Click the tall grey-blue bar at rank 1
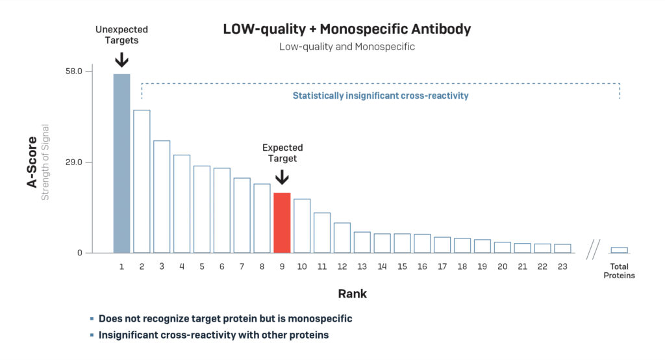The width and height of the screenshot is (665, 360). pyautogui.click(x=121, y=163)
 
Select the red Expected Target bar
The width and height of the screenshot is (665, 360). pyautogui.click(x=282, y=223)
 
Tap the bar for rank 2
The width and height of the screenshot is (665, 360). pyautogui.click(x=142, y=181)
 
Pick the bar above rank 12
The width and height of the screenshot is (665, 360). pyautogui.click(x=342, y=238)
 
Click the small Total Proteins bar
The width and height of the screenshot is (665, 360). pyautogui.click(x=619, y=250)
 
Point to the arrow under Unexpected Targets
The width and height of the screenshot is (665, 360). pyautogui.click(x=121, y=60)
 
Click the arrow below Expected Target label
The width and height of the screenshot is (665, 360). pyautogui.click(x=282, y=177)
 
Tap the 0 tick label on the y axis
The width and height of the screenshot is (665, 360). pyautogui.click(x=80, y=253)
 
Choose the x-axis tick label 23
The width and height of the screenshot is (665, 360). pyautogui.click(x=562, y=266)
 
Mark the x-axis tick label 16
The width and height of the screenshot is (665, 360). pyautogui.click(x=422, y=266)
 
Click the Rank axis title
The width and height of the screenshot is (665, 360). pyautogui.click(x=352, y=294)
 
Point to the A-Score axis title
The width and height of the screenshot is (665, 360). pyautogui.click(x=31, y=161)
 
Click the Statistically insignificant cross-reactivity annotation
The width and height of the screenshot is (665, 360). pyautogui.click(x=381, y=96)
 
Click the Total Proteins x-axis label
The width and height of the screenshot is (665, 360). pyautogui.click(x=619, y=271)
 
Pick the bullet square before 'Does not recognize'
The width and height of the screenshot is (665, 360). pyautogui.click(x=92, y=319)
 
